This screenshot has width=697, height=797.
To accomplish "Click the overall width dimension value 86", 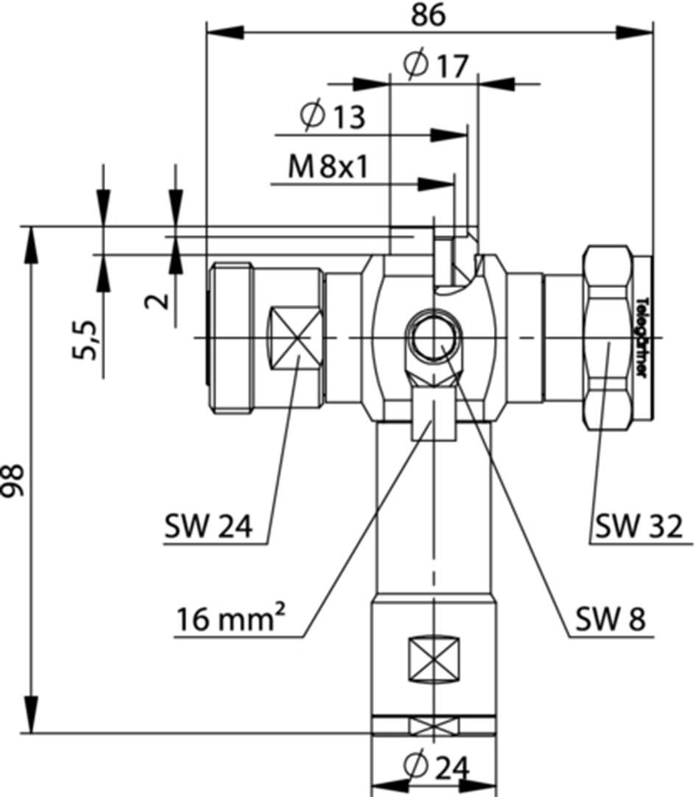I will (428, 15).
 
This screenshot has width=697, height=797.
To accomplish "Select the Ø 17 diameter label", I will (436, 66).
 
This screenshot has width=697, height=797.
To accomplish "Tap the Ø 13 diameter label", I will (333, 116).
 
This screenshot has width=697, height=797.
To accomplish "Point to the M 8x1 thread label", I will (328, 167).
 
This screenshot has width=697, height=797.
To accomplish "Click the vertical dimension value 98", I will (15, 480).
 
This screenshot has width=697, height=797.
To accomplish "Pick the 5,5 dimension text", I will (87, 340).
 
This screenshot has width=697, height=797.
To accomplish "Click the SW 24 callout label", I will (209, 526).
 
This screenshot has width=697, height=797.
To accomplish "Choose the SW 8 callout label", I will (610, 620).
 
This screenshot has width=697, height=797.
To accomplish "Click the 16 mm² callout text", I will (230, 620).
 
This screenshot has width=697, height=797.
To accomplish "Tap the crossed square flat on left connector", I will (297, 337).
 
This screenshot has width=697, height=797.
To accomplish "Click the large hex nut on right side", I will (607, 338).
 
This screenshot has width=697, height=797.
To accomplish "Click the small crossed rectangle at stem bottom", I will (434, 726).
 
